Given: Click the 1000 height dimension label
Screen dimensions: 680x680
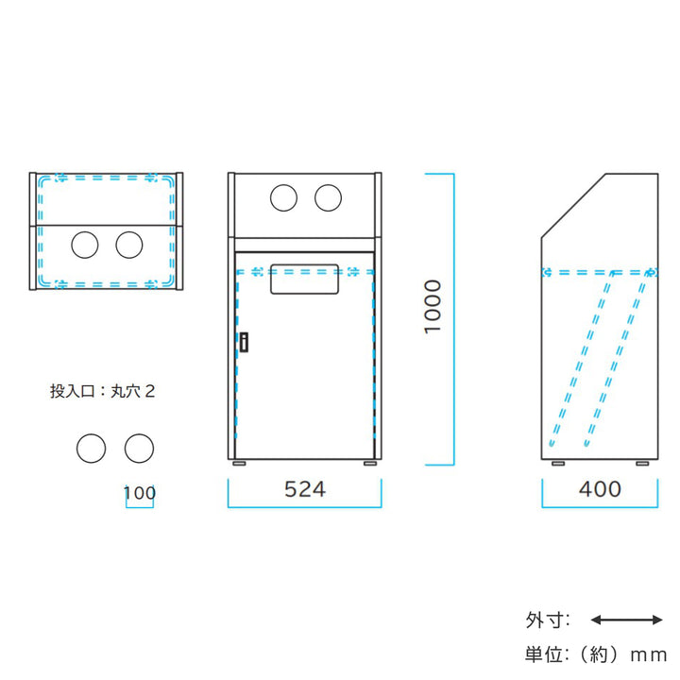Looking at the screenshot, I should click(x=432, y=307).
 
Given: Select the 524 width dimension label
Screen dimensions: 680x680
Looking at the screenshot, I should click(x=304, y=489).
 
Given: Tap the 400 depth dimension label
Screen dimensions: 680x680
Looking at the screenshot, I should click(x=600, y=489).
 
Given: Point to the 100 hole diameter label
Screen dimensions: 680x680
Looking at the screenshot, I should click(x=139, y=493).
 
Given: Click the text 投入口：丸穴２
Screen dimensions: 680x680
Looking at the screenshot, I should click(x=102, y=390).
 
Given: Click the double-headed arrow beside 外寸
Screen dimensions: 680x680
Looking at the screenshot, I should click(x=626, y=620).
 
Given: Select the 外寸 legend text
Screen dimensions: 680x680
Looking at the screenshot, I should click(x=547, y=620).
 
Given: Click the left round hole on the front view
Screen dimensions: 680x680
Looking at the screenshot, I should click(x=283, y=198).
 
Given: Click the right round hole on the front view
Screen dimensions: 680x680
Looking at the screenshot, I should click(x=329, y=198).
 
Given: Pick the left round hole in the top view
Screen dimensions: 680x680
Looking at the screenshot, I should click(x=85, y=245).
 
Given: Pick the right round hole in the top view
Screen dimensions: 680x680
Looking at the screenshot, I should click(x=129, y=245).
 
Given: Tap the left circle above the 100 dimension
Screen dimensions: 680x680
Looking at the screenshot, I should click(x=92, y=448).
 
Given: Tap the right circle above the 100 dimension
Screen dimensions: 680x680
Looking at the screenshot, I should click(x=139, y=448).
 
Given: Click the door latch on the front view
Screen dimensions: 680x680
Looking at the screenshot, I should click(x=243, y=342).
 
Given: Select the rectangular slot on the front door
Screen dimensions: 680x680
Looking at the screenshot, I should click(x=304, y=280).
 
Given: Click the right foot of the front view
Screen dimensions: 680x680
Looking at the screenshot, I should click(x=367, y=465).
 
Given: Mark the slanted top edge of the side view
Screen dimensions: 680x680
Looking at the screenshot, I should click(x=572, y=206).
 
